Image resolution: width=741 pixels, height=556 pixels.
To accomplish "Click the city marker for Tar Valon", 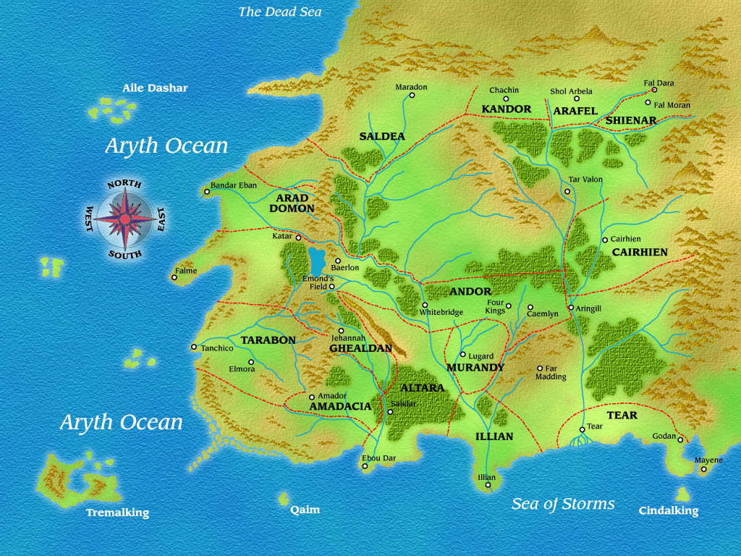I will click(x=567, y=192).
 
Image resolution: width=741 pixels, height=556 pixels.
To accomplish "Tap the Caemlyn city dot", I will click(x=530, y=307).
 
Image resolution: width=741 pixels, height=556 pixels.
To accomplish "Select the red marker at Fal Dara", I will click(x=653, y=90).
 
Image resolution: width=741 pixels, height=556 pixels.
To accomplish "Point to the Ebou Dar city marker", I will click(x=365, y=466).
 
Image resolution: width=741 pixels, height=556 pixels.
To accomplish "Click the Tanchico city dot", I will click(x=194, y=347).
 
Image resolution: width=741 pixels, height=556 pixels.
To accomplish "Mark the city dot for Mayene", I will click(x=703, y=469).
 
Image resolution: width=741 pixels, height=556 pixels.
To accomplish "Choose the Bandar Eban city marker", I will click(x=206, y=193).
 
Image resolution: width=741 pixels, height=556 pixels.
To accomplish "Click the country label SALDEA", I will click(x=382, y=136).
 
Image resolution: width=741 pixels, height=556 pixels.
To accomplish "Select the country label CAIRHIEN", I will click(x=640, y=253).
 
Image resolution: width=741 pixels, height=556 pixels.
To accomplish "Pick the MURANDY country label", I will click(x=475, y=368).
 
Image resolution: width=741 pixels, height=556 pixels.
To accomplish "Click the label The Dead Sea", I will click(x=280, y=12).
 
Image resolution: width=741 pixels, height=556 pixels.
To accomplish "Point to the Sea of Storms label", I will click(x=563, y=504).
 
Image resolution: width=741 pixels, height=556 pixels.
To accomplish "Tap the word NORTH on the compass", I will click(x=124, y=185).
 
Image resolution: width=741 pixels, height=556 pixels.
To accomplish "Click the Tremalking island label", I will click(x=117, y=513).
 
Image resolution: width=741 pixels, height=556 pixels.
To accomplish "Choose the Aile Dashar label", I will click(x=155, y=88).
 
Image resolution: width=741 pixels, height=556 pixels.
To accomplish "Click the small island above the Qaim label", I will click(x=284, y=499).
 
